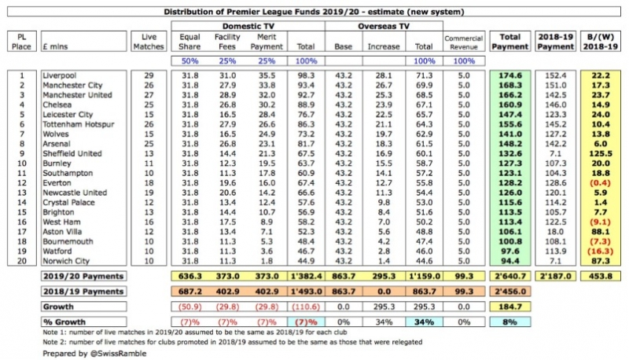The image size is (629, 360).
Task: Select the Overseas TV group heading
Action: (383, 25)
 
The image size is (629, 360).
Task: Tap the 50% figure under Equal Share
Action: (189, 61)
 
